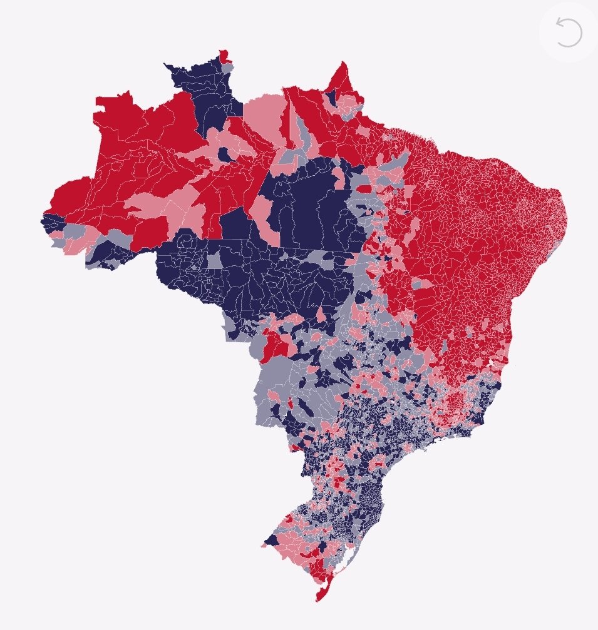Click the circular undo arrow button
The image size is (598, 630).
click(x=569, y=33)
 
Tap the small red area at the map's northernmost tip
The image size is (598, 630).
click(x=223, y=55)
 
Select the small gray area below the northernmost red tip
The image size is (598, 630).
click(x=229, y=66)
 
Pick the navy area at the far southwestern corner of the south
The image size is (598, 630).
click(x=272, y=541)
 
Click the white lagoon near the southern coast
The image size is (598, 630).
click(x=342, y=568)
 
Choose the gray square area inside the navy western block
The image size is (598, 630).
click(x=215, y=261)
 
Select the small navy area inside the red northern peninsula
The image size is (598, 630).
click(x=333, y=96)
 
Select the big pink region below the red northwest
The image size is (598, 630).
click(x=157, y=206)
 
